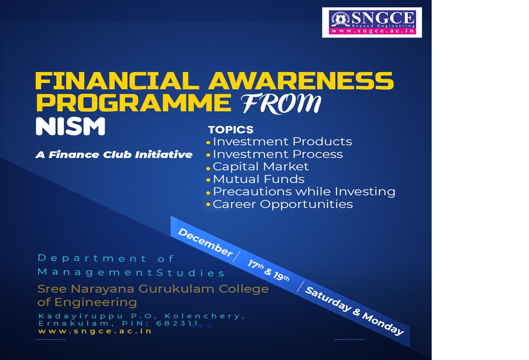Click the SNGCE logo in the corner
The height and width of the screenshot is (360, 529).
(x=372, y=22)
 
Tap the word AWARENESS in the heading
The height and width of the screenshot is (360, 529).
(x=301, y=81)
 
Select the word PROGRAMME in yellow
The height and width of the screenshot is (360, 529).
(x=134, y=102)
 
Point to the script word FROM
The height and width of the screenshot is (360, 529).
(x=281, y=104)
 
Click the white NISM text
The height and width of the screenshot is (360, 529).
(x=71, y=126)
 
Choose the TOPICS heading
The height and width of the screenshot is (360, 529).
(x=231, y=129)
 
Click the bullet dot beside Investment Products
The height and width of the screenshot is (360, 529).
(x=208, y=143)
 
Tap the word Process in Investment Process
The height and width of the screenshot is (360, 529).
(x=318, y=154)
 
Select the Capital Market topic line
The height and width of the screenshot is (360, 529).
(x=260, y=166)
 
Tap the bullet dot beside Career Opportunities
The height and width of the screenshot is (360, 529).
(x=208, y=204)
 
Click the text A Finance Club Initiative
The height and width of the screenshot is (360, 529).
(x=114, y=155)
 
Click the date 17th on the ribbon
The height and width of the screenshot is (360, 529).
(x=255, y=264)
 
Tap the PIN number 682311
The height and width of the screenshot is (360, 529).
(x=177, y=323)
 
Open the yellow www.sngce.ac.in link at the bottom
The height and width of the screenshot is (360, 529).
(x=95, y=331)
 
